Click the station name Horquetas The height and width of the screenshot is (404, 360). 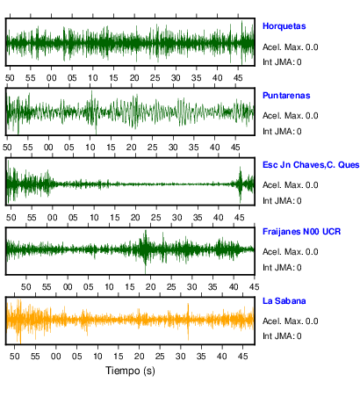point(284,26)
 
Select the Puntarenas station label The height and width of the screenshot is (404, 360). point(286,96)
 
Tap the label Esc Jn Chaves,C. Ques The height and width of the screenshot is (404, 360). point(311,165)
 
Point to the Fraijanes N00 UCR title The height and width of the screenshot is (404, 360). point(301,232)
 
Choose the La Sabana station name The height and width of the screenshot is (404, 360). point(284,301)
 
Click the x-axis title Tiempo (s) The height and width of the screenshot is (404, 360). point(130,371)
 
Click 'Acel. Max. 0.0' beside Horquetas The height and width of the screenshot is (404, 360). point(291,47)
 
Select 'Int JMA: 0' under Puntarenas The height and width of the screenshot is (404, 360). point(282,132)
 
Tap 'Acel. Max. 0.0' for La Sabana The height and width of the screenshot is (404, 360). point(291,321)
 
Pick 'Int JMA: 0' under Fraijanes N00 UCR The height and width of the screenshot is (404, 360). point(282,268)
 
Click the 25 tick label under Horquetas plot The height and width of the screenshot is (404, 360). point(155,78)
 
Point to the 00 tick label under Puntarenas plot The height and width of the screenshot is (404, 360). point(48,148)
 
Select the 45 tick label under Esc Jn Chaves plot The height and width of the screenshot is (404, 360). point(239,218)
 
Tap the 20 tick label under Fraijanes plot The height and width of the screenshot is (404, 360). point(150,287)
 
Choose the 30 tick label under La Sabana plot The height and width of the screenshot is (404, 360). point(181,357)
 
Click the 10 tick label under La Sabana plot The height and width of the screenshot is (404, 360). point(97,357)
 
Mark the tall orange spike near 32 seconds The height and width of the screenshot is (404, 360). point(188,321)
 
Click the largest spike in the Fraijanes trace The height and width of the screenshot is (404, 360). point(145,251)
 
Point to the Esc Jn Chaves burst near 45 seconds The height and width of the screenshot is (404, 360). point(241,184)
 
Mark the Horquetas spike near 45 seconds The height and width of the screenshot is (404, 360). point(241,42)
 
